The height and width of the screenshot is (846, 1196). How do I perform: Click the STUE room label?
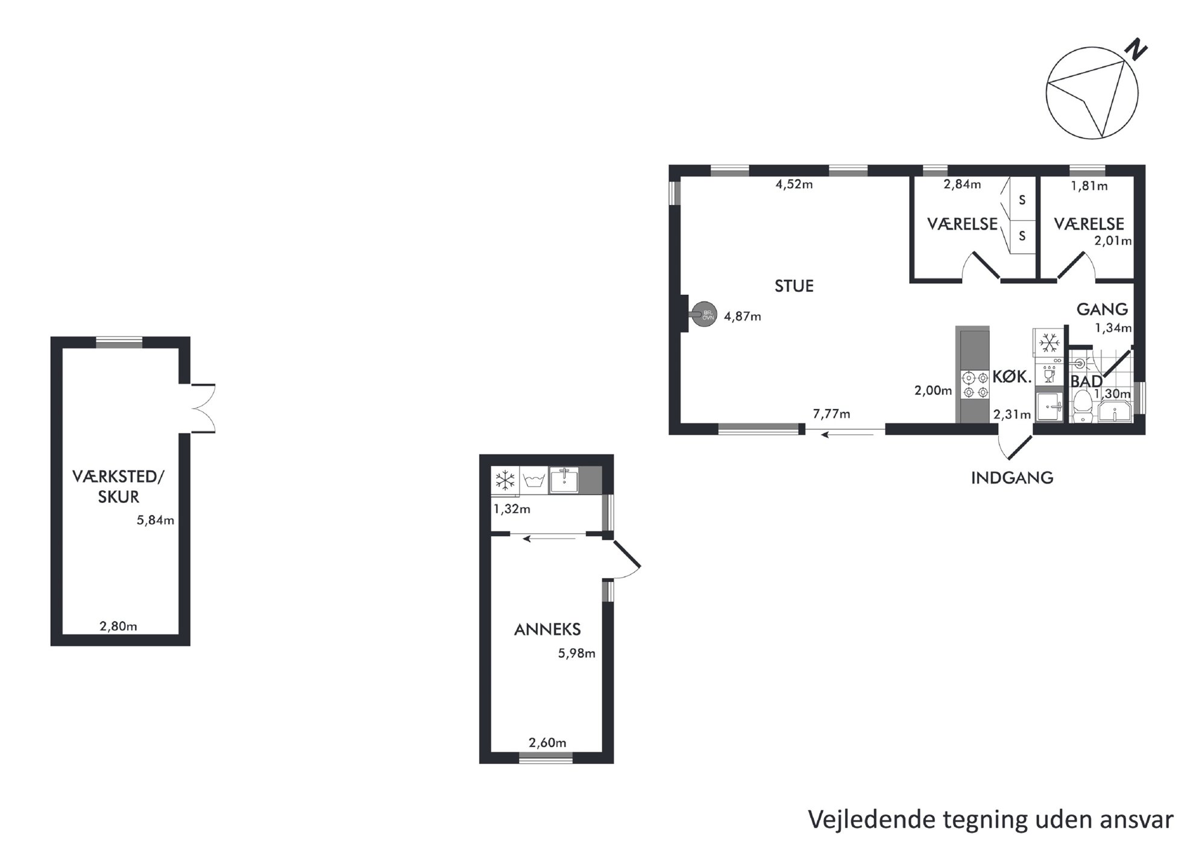[793, 286]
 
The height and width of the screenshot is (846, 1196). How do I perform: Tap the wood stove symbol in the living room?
[703, 314]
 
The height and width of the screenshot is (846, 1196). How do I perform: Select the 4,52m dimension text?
[793, 185]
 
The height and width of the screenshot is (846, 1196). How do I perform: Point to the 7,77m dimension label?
[831, 414]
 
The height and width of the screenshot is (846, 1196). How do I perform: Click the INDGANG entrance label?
[1012, 478]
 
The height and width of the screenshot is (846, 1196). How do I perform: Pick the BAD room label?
[1086, 382]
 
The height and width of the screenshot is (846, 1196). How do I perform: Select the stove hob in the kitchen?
[974, 385]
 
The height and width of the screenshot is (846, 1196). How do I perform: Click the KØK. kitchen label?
[1012, 377]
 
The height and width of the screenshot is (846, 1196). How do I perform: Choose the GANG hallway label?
[1102, 309]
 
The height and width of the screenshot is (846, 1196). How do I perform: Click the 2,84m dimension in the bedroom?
[962, 185]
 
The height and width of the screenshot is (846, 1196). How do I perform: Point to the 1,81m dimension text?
[1089, 186]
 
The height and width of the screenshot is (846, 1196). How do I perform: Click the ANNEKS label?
[547, 630]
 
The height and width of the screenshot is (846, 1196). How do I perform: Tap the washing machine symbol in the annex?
[534, 481]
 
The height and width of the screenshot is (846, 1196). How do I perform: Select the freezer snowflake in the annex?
[505, 481]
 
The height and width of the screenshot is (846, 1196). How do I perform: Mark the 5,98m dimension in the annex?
[576, 653]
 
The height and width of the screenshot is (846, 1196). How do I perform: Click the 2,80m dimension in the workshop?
[118, 627]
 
